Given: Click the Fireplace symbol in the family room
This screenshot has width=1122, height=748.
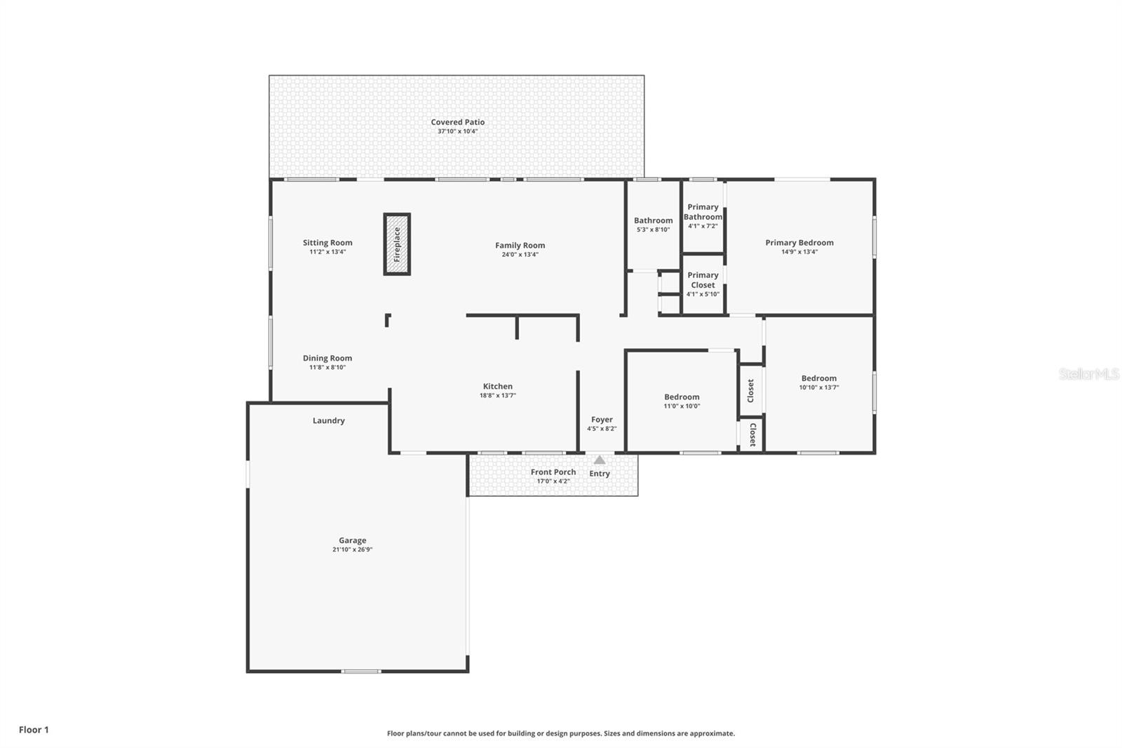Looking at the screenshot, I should tap(397, 244).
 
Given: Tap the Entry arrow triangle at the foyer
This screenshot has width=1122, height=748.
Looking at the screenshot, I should tap(600, 460).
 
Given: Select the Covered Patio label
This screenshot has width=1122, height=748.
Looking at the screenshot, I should tap(457, 122).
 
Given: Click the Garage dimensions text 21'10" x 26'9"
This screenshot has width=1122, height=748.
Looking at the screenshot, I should tap(352, 550).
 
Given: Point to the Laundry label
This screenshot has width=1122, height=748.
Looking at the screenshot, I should tap(328, 421).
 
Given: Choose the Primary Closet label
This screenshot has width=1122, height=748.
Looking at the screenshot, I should tap(703, 280).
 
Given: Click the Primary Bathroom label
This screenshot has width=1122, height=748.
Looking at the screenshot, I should tap(703, 212).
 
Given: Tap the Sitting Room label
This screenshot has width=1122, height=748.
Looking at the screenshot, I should tap(327, 243).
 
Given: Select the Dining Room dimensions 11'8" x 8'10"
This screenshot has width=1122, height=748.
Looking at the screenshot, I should tap(327, 368).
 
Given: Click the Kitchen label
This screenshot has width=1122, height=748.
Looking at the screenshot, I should tap(497, 387).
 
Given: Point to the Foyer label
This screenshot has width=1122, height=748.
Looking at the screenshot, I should tap(602, 420).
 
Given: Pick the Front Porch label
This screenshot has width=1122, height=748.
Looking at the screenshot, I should tap(553, 472).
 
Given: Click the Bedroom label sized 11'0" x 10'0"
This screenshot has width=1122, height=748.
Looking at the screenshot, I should tap(682, 397).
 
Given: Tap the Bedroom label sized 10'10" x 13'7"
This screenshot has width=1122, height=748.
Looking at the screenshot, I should tap(818, 378).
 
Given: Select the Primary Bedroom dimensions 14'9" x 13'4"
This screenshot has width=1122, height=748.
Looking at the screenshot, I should tap(799, 252).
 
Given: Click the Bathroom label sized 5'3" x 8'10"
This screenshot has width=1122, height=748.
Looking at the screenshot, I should tap(653, 220).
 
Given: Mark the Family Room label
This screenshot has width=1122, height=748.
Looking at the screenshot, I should tap(520, 246).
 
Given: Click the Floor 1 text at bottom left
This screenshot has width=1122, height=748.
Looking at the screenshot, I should tap(34, 730).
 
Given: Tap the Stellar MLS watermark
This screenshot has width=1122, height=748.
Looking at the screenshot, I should tap(1088, 374).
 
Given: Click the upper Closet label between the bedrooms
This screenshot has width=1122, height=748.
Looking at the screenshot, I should tap(750, 390).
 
